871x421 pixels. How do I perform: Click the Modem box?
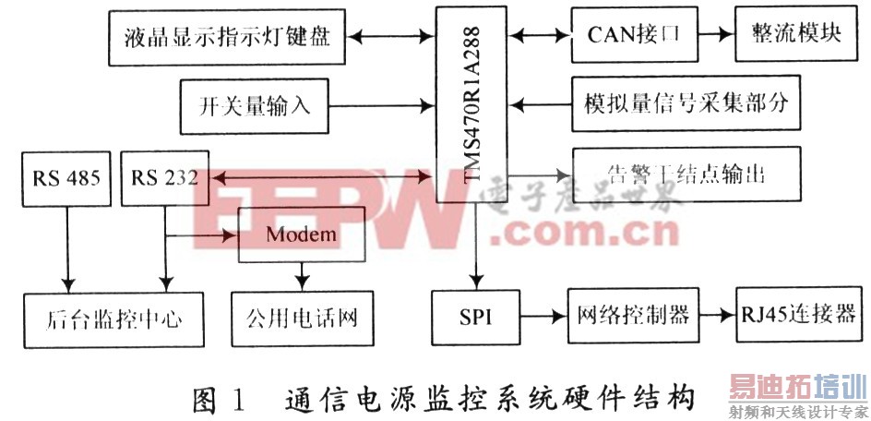pos(301,235)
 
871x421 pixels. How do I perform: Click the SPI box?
pos(476,316)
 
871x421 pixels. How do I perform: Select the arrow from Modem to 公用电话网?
pos(301,274)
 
